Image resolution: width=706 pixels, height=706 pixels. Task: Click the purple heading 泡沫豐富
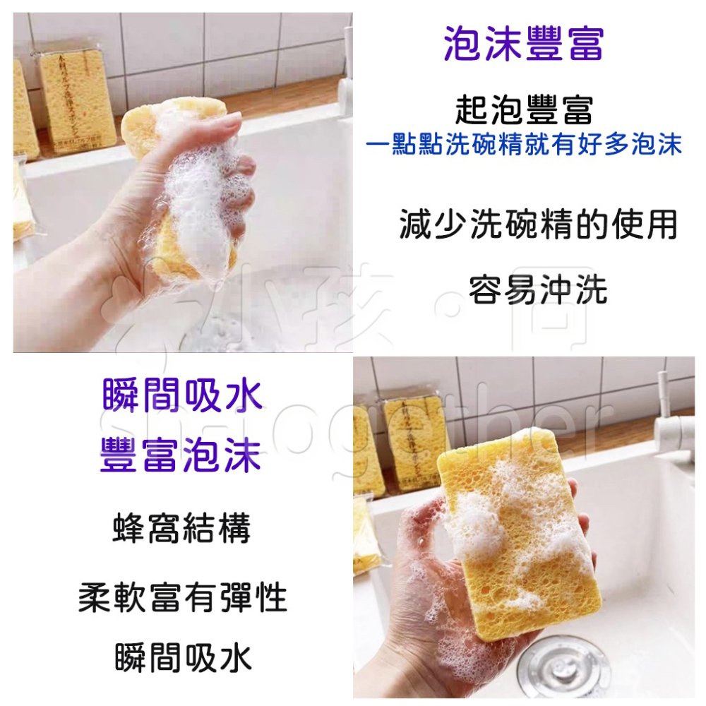[524, 44]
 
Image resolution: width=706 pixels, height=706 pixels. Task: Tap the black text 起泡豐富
[524, 110]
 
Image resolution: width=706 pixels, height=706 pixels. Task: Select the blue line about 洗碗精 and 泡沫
[524, 145]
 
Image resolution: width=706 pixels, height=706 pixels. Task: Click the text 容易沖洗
[538, 289]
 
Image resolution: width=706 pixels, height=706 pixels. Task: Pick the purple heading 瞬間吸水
[182, 395]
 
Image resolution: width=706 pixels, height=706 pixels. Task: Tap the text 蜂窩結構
[182, 529]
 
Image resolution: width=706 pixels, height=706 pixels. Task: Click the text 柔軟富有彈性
[182, 599]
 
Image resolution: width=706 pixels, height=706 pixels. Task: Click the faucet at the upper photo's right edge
[346, 78]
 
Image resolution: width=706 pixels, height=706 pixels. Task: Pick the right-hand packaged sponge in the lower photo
[417, 441]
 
